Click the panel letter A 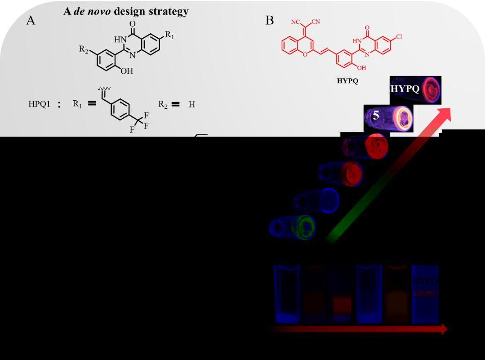click(31, 20)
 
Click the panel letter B click(270, 20)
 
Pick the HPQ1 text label click(39, 105)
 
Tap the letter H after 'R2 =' click(192, 105)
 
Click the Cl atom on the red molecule click(399, 36)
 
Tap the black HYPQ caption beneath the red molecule click(347, 82)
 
